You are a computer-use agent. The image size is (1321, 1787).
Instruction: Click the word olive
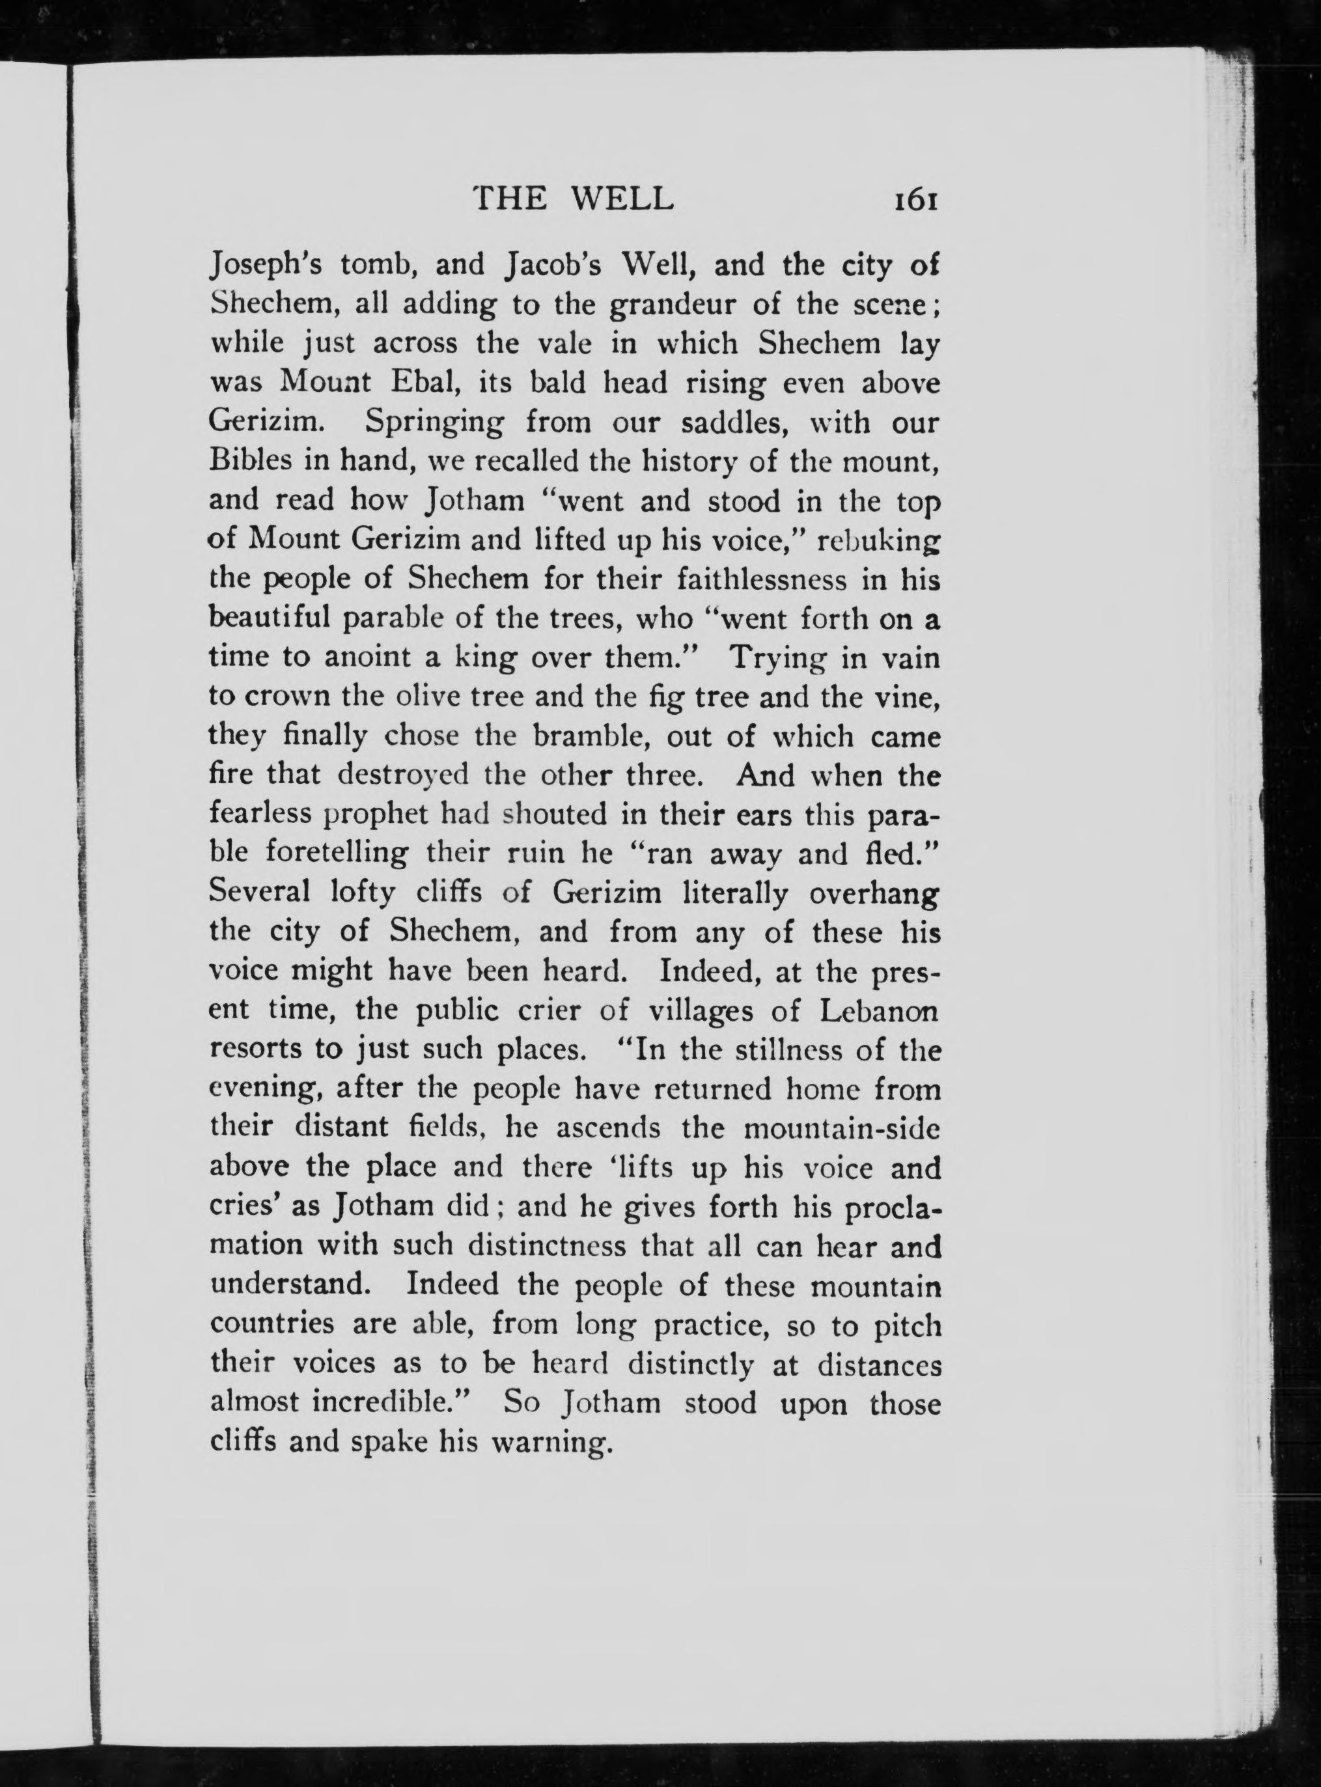pyautogui.click(x=432, y=697)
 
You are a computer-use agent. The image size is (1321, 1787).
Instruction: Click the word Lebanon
pyautogui.click(x=880, y=1010)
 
